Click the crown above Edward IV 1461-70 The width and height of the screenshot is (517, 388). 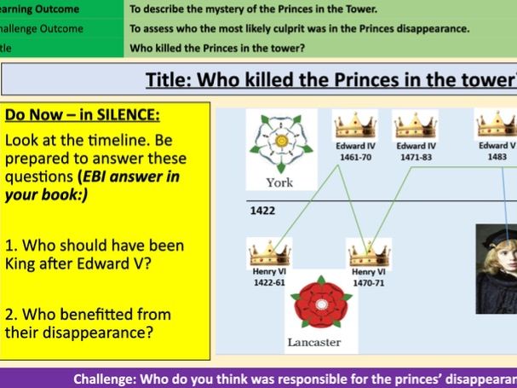(356, 126)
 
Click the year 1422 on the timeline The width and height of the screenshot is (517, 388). (262, 210)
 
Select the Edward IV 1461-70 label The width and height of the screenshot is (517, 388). (356, 151)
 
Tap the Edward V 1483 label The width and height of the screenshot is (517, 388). (497, 151)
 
